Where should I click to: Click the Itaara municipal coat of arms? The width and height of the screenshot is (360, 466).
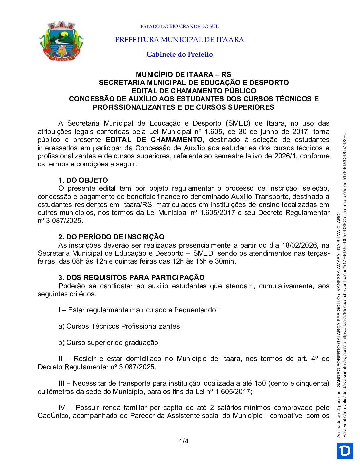click(x=62, y=41)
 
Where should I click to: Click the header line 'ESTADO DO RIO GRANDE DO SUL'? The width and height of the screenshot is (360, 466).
click(x=179, y=26)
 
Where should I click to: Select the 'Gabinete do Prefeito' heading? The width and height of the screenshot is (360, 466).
click(x=179, y=54)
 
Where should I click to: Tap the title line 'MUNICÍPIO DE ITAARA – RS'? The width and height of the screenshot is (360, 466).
click(x=183, y=74)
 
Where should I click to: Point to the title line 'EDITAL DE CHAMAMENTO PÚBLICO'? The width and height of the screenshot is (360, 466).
click(x=194, y=91)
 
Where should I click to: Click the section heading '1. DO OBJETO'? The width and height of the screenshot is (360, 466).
click(x=83, y=180)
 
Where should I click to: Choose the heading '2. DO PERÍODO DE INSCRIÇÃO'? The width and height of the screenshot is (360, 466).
click(x=111, y=237)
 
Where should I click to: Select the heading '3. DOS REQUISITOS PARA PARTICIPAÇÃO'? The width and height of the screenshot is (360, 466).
click(x=131, y=278)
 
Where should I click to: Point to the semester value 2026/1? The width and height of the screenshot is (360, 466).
click(x=286, y=156)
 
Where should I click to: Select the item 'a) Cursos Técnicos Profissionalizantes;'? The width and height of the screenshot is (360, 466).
click(x=120, y=326)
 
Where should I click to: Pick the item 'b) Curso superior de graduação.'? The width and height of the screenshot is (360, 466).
click(x=109, y=343)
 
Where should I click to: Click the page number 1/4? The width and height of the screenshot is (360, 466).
click(x=184, y=441)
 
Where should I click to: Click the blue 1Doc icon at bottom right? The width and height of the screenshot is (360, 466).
click(x=345, y=451)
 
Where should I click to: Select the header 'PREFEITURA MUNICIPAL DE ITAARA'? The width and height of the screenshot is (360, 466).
click(x=179, y=40)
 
